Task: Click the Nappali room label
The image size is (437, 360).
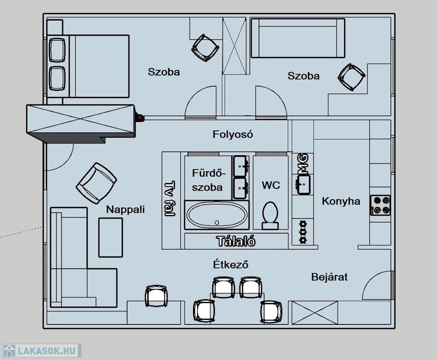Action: click(x=126, y=209)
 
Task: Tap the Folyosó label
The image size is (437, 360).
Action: click(x=233, y=135)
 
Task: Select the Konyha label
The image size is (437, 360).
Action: click(x=341, y=201)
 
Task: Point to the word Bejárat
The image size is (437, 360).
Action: click(x=329, y=277)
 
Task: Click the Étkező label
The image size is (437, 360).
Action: click(x=231, y=264)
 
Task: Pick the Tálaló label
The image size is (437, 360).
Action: click(x=236, y=241)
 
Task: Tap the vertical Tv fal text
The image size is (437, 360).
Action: click(x=170, y=198)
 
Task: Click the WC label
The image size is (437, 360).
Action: click(x=271, y=185)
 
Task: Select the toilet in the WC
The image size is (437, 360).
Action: click(x=270, y=216)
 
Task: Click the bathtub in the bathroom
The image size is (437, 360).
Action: click(x=216, y=215)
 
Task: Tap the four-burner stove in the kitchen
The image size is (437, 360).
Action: click(x=380, y=205)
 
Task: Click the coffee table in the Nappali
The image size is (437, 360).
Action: click(x=111, y=238)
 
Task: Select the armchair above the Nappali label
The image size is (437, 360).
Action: click(x=96, y=183)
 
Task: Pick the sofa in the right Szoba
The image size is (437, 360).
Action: click(x=298, y=38)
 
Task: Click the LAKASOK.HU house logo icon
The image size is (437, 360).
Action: click(x=9, y=351)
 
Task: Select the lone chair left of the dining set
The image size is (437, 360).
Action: click(x=156, y=296)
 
